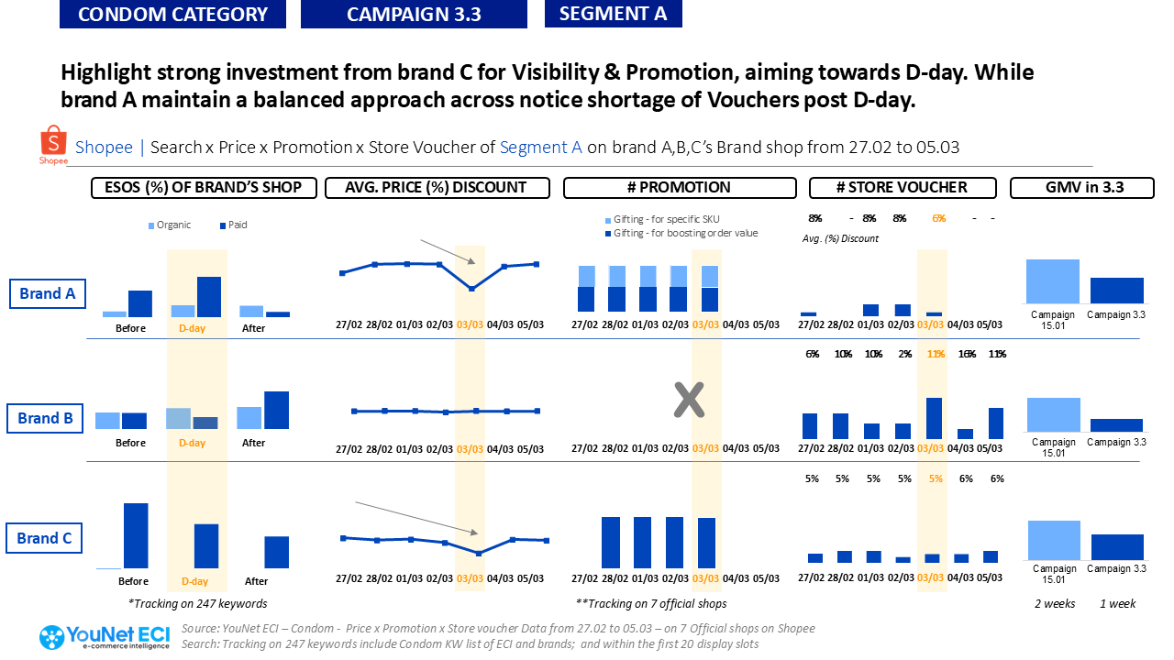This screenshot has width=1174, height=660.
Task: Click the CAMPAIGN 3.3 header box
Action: [414, 14]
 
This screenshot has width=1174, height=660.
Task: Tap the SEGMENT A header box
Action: [613, 14]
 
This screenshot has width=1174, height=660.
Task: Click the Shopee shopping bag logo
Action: [53, 146]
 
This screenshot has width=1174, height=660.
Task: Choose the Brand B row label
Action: [45, 418]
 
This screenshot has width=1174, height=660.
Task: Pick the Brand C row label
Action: [44, 538]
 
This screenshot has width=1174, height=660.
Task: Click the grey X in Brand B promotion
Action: [688, 400]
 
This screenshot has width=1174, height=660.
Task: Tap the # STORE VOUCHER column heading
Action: [902, 188]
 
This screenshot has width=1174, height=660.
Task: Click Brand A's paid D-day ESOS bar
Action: [209, 296]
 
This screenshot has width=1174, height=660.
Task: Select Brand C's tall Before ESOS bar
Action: [136, 535]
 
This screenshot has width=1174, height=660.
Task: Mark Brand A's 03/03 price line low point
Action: [471, 289]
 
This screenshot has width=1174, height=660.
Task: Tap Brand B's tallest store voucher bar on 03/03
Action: [934, 418]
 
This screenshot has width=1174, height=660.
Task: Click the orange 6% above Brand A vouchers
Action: [938, 218]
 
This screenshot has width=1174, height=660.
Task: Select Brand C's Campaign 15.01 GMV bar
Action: [1053, 540]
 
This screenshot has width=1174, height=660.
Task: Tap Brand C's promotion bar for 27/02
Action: [612, 542]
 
